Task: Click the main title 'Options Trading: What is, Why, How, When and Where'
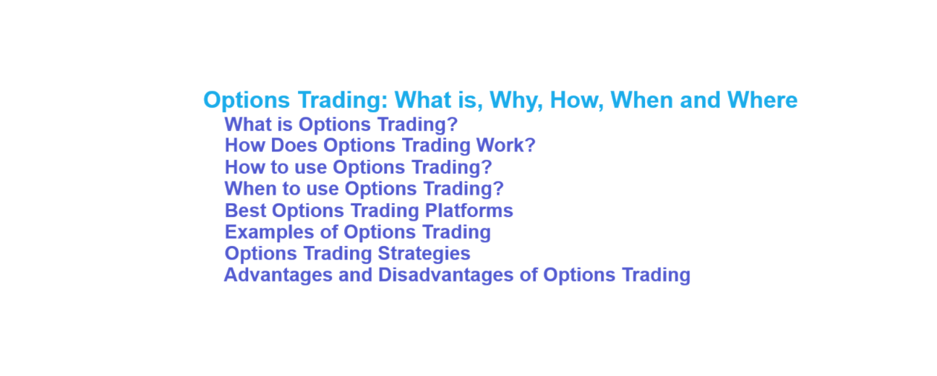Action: click(x=500, y=100)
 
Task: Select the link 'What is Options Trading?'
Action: click(x=341, y=124)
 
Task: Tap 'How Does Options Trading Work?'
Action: click(x=380, y=145)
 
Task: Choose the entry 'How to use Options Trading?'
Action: click(x=358, y=167)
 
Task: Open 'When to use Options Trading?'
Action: click(x=364, y=189)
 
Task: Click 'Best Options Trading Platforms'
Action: click(x=369, y=210)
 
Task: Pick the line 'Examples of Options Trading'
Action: click(x=357, y=232)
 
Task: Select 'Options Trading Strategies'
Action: click(x=347, y=254)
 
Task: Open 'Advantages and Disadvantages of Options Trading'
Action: click(x=457, y=275)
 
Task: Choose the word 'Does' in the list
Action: click(x=298, y=145)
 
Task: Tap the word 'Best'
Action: click(x=245, y=210)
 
